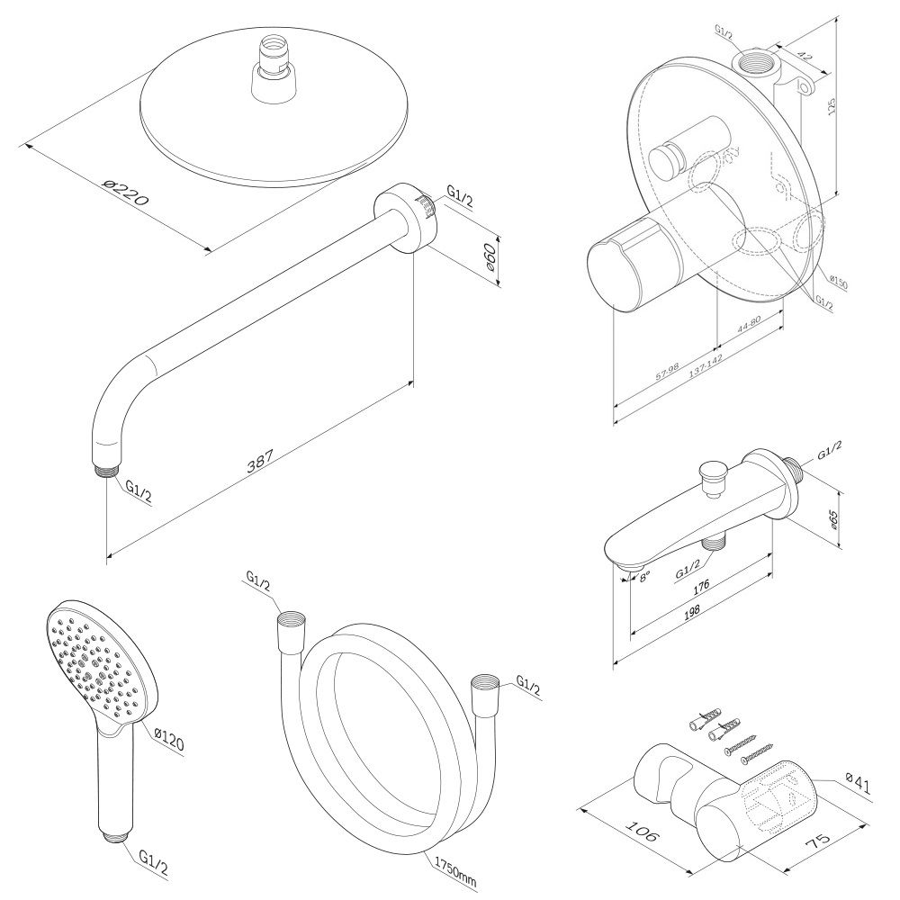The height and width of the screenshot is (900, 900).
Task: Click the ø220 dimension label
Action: tap(125, 190)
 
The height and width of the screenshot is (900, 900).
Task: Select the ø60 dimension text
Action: tap(490, 258)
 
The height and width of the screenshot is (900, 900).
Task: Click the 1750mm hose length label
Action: tap(455, 868)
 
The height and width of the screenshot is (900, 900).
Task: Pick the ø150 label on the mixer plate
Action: tap(839, 282)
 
